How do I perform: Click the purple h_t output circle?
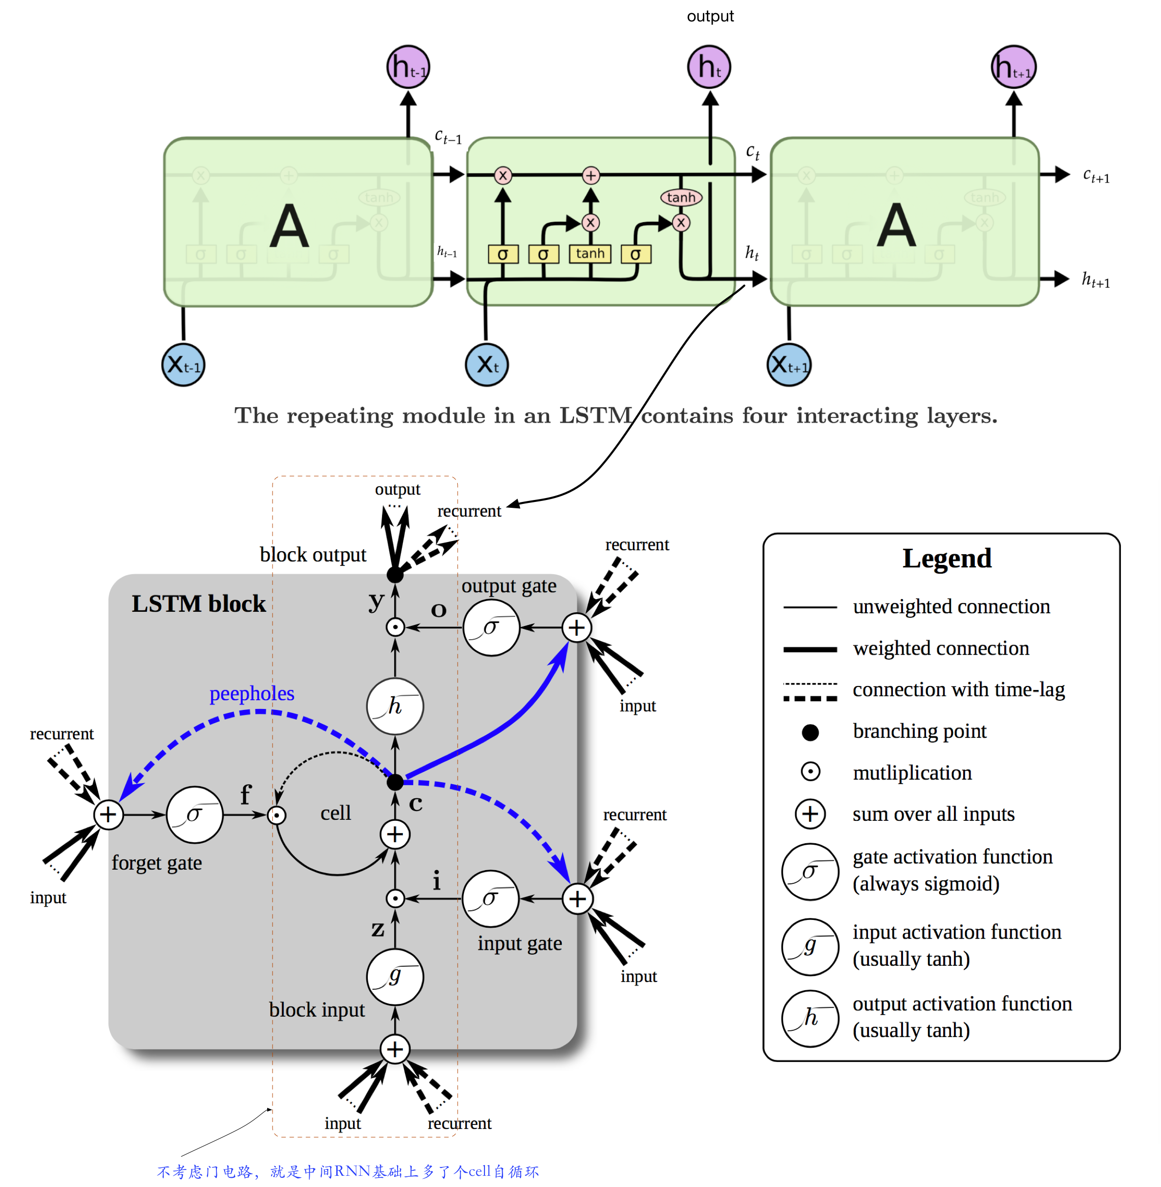(709, 67)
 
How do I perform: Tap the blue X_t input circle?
(486, 365)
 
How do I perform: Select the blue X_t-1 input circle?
(183, 365)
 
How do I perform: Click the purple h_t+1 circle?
(1013, 67)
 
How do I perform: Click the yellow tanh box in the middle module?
(590, 253)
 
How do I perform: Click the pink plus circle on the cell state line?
(590, 176)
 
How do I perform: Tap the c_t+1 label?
(1096, 176)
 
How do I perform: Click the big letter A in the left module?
(289, 227)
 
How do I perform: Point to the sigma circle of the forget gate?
(194, 814)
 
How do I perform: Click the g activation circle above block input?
(395, 977)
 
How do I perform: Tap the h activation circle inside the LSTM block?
(395, 706)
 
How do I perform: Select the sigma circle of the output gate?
(491, 627)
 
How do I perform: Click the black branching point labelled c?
(395, 782)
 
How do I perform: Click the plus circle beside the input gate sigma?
(577, 898)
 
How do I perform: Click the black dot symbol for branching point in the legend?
(810, 732)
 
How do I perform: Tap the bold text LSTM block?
(199, 604)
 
